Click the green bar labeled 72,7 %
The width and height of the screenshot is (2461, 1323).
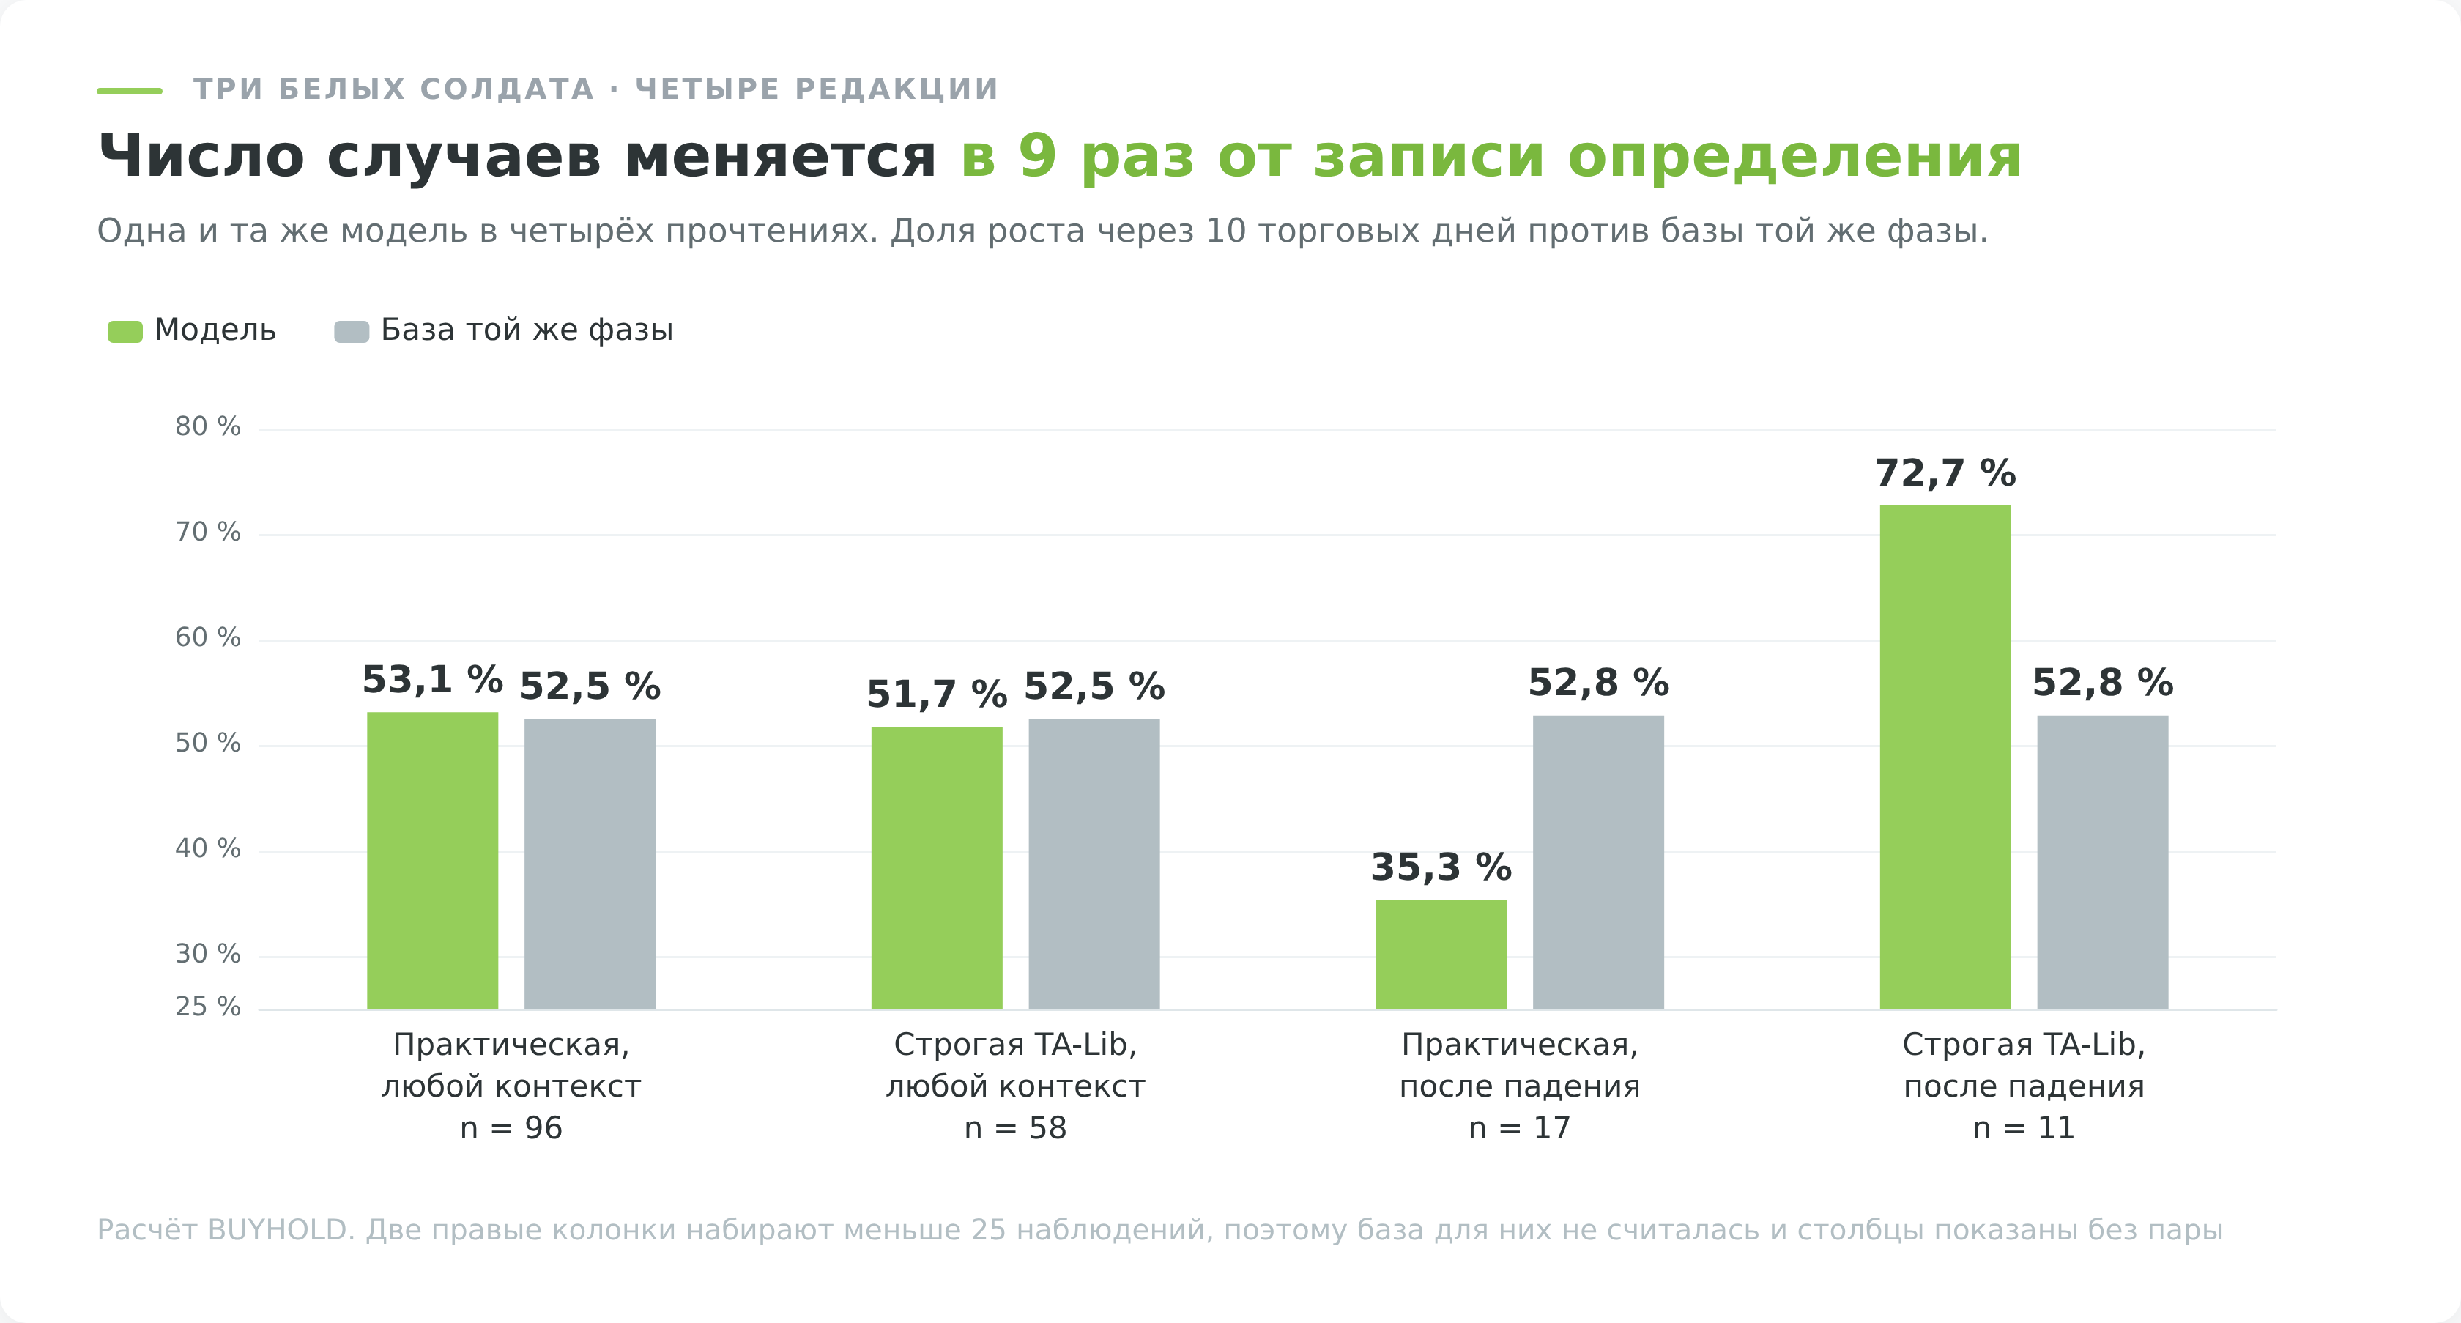coord(1945,757)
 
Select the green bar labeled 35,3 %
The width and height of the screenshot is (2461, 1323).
coord(1441,955)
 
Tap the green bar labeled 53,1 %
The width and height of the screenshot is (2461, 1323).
coord(433,861)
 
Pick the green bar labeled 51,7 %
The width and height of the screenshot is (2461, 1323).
coord(936,867)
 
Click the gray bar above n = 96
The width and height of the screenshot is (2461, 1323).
coord(590,864)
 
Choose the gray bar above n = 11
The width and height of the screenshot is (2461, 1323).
coord(2103,861)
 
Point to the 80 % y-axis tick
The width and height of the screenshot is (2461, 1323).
coord(207,427)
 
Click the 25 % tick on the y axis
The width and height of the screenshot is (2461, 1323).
coord(207,1007)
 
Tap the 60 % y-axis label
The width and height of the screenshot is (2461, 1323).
coord(207,638)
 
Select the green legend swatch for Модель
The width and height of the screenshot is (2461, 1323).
coord(125,331)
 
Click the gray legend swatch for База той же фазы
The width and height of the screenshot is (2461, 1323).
coord(352,331)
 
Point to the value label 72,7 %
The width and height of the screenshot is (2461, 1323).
coord(1945,472)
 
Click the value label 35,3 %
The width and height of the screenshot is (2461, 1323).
coord(1441,867)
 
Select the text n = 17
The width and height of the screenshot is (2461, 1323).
coord(1520,1128)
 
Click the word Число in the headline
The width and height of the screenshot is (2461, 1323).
coord(201,156)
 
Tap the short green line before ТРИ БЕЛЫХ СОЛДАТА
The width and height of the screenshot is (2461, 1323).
coord(130,91)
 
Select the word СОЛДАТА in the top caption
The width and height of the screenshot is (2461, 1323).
coord(508,89)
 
